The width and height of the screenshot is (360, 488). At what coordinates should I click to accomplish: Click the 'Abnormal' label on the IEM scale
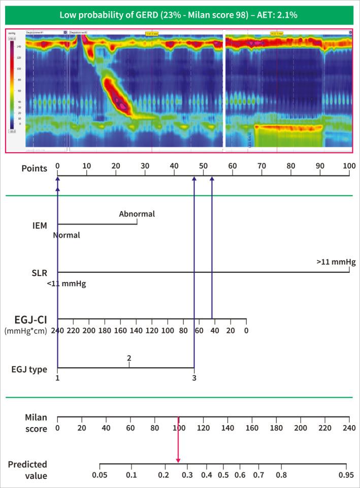point(137,214)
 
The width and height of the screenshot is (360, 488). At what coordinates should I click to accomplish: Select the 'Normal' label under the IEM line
point(67,235)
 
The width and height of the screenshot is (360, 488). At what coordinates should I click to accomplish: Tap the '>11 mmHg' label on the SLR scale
point(336,262)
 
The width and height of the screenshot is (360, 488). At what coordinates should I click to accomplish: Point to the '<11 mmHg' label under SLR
point(66,284)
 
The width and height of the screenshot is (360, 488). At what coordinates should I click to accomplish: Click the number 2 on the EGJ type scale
point(129,359)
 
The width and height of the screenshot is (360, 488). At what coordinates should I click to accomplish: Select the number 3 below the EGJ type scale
point(194,378)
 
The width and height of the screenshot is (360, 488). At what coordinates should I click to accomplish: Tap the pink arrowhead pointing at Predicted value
point(178,459)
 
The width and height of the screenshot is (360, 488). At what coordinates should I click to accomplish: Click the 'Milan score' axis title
point(36,423)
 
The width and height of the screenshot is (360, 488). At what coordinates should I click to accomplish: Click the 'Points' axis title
point(35,167)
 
